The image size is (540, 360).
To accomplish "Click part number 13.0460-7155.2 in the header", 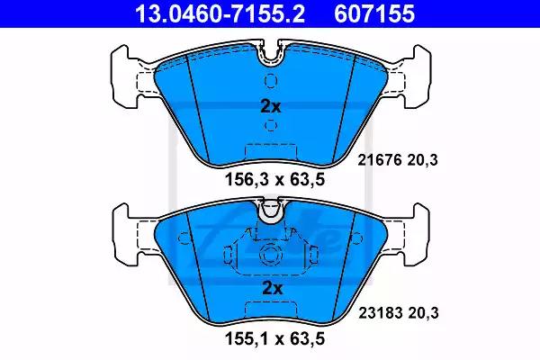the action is (220, 13).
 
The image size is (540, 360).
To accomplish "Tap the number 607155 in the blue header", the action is (374, 13).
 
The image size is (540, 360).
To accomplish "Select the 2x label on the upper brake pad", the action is (271, 107).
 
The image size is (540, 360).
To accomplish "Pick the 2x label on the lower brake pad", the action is (272, 288).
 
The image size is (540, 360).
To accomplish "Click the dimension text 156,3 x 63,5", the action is (274, 179).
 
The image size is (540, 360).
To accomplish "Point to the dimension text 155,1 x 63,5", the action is (274, 338).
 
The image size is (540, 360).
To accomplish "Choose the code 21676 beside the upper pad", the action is (380, 160).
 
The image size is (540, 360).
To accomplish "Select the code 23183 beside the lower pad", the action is (381, 313).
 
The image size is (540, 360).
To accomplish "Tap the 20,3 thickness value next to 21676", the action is (423, 160).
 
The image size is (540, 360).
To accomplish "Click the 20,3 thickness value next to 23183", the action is (423, 313).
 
